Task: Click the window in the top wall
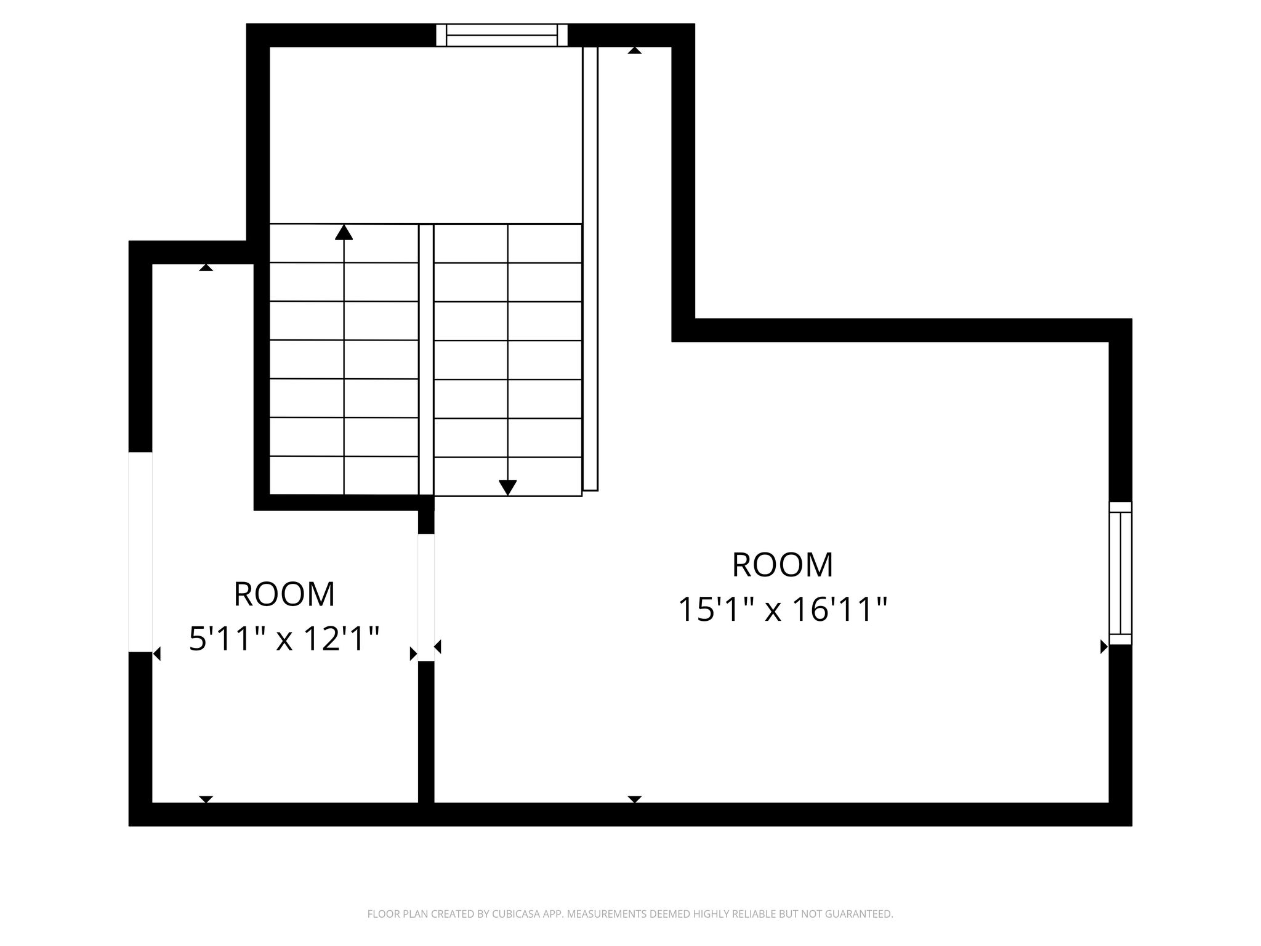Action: tap(502, 35)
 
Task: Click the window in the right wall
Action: tap(1120, 573)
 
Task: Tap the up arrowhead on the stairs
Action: tap(344, 232)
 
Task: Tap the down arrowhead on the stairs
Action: tap(507, 487)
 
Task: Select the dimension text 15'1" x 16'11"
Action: tap(783, 610)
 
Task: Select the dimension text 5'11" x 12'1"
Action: tap(284, 639)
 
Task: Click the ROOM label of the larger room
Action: tap(783, 565)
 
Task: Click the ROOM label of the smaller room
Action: tap(284, 594)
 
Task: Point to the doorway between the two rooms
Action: tap(426, 597)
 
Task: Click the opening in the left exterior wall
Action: tap(140, 552)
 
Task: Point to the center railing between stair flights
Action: tap(426, 360)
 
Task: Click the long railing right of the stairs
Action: tap(590, 269)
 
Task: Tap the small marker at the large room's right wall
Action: tap(1104, 647)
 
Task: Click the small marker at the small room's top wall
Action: tap(206, 267)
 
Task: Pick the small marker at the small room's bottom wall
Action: tap(206, 799)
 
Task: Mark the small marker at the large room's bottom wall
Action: tap(635, 799)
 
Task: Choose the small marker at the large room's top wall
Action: tap(635, 51)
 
